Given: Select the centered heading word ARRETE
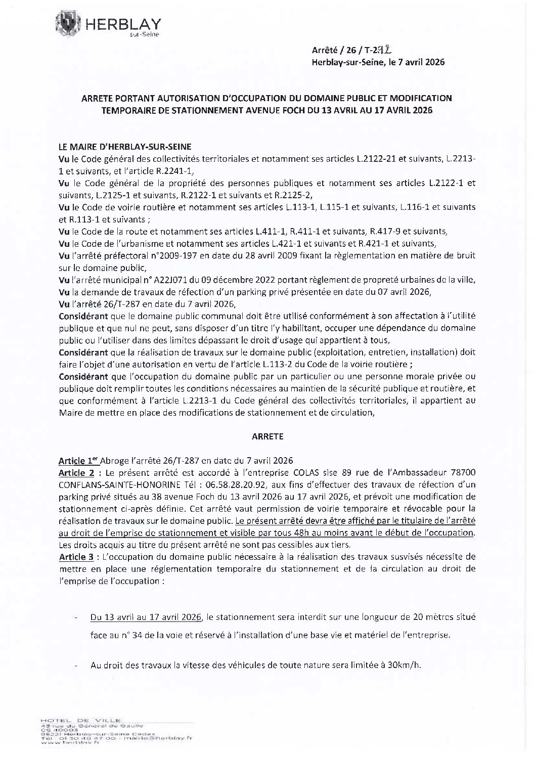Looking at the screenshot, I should point(268,435).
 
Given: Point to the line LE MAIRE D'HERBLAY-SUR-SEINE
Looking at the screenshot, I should point(125,147).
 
